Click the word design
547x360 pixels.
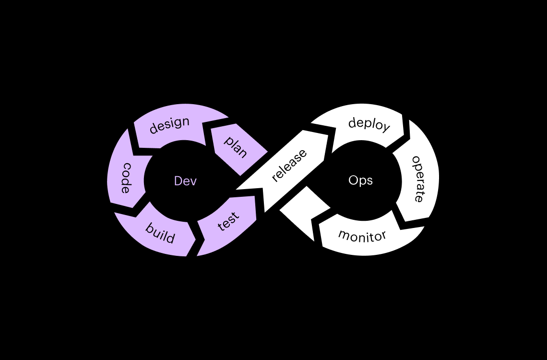pyautogui.click(x=169, y=125)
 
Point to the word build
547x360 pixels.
pyautogui.click(x=160, y=233)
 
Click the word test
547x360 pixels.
pyautogui.click(x=228, y=221)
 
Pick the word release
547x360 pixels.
pyautogui.click(x=289, y=166)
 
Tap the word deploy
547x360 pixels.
pyautogui.click(x=369, y=124)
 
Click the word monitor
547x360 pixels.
pyautogui.click(x=362, y=235)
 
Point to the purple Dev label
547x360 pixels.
pyautogui.click(x=185, y=181)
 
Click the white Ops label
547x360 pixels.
pyautogui.click(x=360, y=180)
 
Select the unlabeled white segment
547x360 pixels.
pyautogui.click(x=302, y=209)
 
